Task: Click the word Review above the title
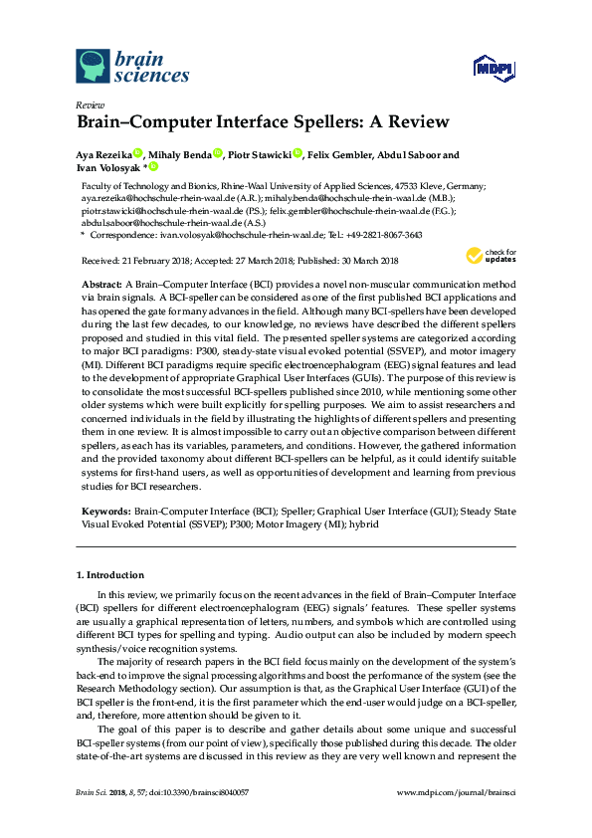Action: (x=90, y=105)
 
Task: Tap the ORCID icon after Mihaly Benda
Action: (x=217, y=154)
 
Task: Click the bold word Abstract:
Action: (x=102, y=284)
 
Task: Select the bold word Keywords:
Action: (x=104, y=511)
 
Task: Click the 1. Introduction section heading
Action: (x=110, y=575)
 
